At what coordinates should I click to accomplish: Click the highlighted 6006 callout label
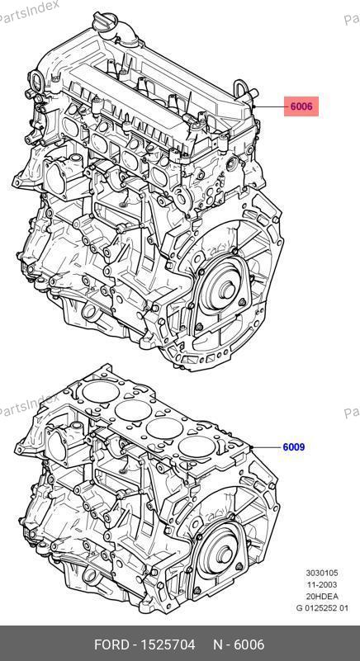click(301, 106)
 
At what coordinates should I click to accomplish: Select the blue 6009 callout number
click(293, 446)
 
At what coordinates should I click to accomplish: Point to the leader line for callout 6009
click(266, 446)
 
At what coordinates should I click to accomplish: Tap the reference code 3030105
click(322, 573)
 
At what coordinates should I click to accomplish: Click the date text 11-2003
click(322, 585)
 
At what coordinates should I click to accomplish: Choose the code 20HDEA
click(322, 597)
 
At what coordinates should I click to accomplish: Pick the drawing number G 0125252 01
click(322, 608)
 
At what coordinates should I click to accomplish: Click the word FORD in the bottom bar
click(111, 644)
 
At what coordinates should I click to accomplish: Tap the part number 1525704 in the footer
click(167, 644)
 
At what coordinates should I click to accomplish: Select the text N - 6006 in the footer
click(239, 644)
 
